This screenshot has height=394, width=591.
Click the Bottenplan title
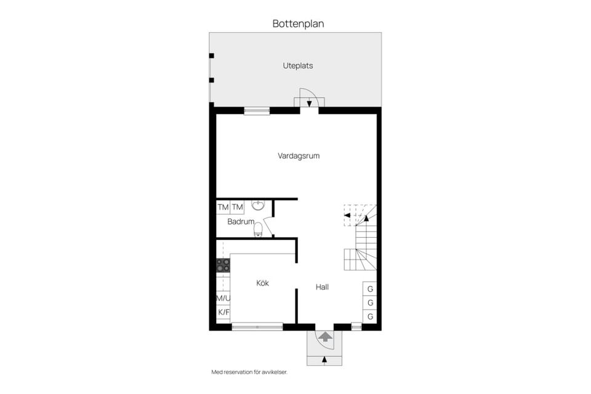298,24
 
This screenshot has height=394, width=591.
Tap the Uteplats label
298,66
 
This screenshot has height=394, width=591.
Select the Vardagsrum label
299,156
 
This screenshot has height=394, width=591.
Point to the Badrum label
241,222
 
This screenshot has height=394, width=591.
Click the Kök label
262,283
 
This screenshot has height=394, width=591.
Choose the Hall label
322,287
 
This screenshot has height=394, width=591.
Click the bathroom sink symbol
258,205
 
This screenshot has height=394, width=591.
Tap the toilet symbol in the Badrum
258,229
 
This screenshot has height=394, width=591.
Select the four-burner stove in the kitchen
223,265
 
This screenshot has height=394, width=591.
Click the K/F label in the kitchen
223,312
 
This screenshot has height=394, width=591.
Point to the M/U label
223,298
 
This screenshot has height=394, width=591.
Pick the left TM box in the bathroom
223,207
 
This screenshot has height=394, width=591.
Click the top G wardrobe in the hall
370,289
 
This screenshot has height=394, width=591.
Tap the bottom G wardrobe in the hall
370,316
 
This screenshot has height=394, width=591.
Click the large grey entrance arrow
325,336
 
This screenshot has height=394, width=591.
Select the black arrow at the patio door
309,103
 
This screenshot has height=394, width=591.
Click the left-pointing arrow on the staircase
347,215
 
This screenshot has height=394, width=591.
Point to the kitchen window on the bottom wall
257,326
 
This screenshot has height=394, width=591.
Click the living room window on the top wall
257,111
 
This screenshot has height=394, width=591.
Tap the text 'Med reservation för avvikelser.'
249,372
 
